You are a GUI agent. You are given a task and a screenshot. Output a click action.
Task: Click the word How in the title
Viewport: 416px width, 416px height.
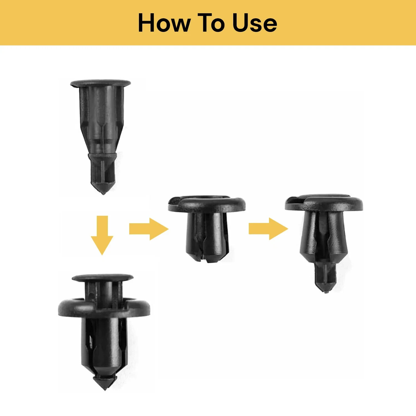164,23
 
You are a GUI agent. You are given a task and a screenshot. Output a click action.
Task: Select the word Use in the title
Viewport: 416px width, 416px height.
255,23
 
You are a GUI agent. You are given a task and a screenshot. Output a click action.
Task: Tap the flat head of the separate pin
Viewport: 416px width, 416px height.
100,83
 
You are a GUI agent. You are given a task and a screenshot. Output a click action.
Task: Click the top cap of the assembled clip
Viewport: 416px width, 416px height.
102,278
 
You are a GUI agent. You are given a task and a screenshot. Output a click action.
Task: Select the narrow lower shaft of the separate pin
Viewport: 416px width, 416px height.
103,169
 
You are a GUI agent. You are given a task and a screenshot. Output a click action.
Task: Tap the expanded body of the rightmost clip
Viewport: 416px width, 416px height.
323,236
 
